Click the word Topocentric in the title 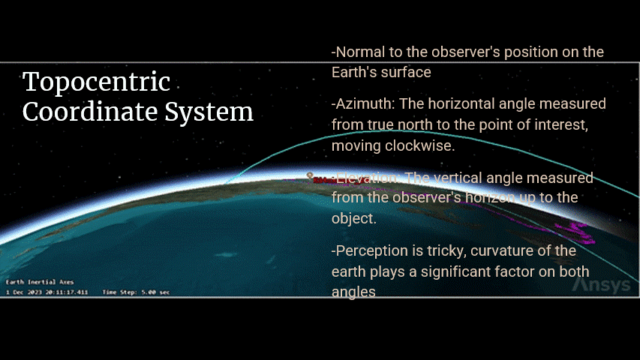point(97,82)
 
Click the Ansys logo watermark point(601,286)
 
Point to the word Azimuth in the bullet point(362,104)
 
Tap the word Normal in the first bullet point(359,52)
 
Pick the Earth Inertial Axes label point(30,282)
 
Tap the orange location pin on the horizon point(310,176)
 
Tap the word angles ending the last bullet point(353,291)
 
